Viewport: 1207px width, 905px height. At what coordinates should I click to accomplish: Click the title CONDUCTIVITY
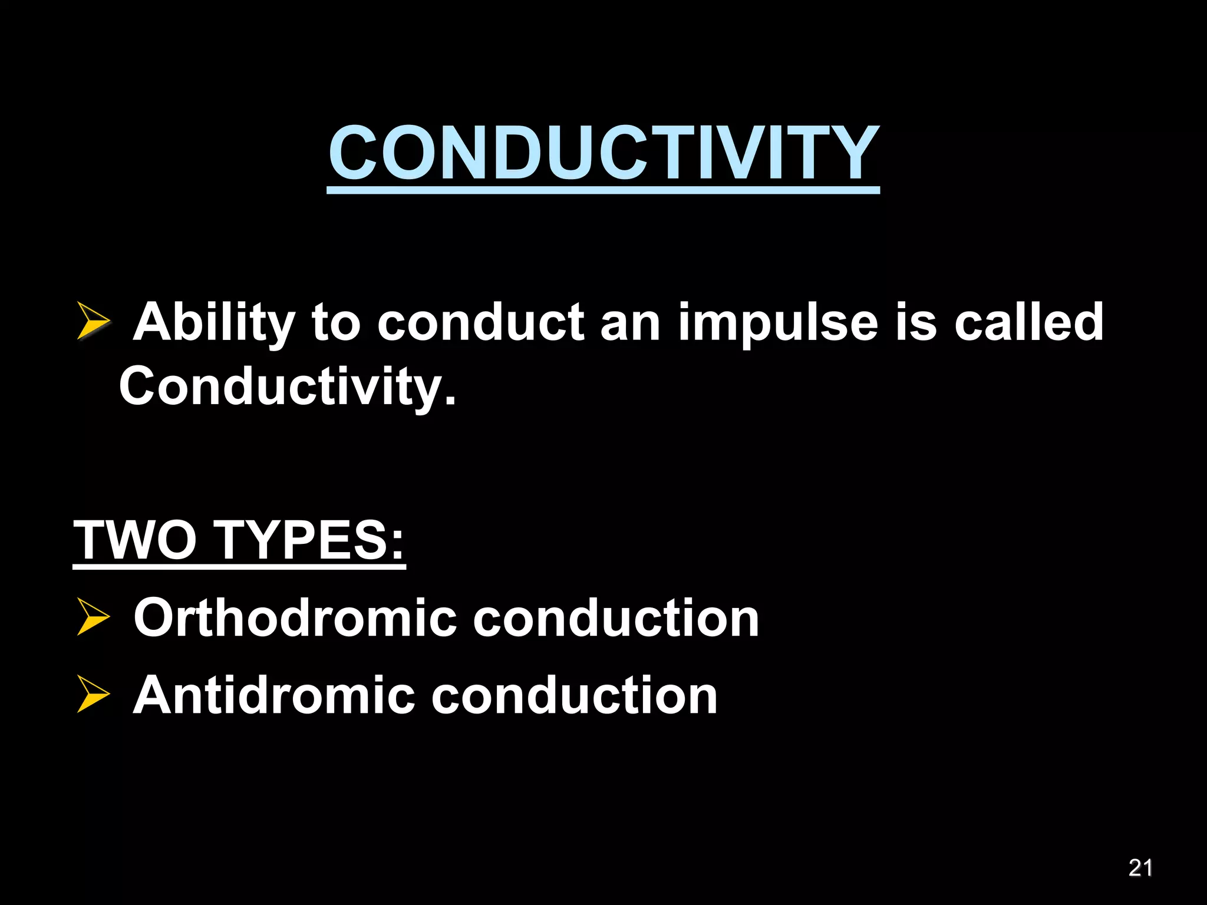point(603,153)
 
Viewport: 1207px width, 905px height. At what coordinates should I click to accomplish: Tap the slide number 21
point(1140,868)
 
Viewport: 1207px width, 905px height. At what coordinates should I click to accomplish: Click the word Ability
point(213,323)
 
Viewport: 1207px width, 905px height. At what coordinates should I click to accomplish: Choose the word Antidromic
point(274,695)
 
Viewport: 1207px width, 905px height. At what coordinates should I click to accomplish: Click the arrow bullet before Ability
point(93,321)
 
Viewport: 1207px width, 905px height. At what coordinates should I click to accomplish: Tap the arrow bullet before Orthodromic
point(93,617)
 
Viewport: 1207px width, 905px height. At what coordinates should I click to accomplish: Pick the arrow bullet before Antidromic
point(93,695)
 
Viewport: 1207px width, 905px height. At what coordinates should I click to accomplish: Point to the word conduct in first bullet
point(480,322)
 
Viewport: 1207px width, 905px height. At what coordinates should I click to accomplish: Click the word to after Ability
point(335,323)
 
